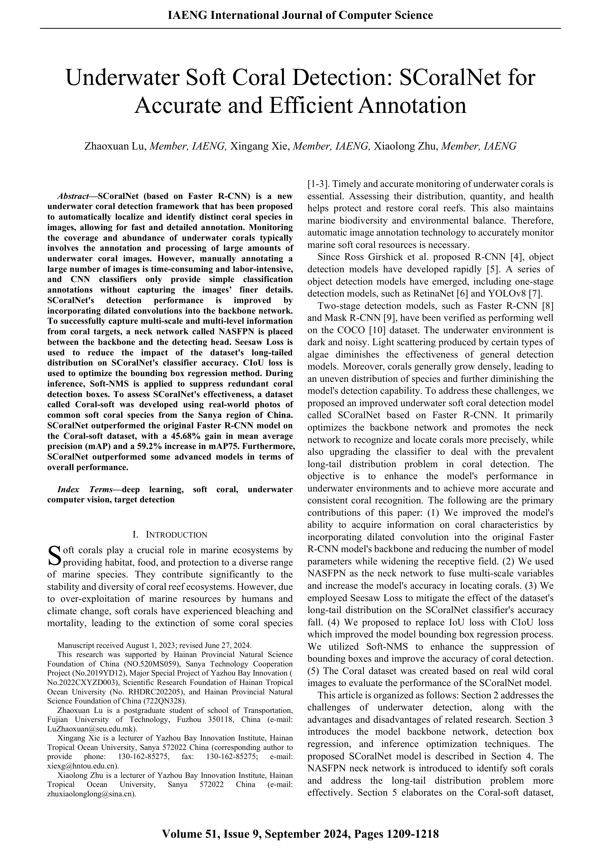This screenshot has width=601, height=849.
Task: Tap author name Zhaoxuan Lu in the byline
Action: pyautogui.click(x=116, y=146)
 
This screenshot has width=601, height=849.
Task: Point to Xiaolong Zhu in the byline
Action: pyautogui.click(x=406, y=146)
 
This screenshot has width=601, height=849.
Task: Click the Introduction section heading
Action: pyautogui.click(x=170, y=535)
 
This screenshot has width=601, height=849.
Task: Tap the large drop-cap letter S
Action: pyautogui.click(x=55, y=556)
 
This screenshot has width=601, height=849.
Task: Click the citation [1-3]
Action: pyautogui.click(x=316, y=184)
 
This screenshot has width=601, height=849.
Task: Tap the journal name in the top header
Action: pyautogui.click(x=300, y=15)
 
